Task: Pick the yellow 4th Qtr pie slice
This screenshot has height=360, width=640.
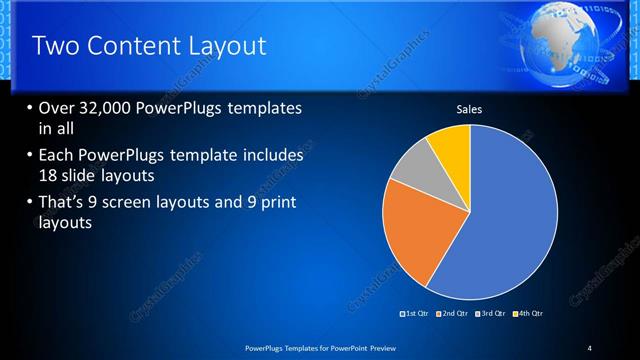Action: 451,146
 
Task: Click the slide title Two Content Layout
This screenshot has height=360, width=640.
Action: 149,46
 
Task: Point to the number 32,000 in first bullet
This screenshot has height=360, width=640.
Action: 110,108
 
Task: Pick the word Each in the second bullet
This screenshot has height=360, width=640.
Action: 58,156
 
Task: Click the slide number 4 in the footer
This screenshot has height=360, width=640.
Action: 590,347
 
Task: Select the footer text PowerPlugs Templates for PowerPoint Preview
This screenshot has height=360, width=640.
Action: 316,347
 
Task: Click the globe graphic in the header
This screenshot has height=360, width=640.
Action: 565,40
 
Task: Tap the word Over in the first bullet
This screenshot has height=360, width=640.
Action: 60,108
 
